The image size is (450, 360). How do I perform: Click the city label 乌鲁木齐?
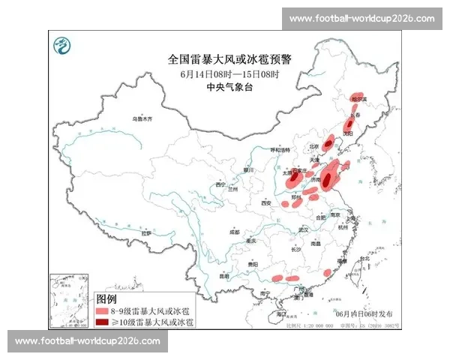[142, 118]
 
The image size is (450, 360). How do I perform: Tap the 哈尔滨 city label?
[360, 98]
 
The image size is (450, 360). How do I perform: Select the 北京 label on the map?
[315, 146]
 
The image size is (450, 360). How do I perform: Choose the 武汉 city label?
[303, 229]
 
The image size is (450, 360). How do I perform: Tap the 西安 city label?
[265, 202]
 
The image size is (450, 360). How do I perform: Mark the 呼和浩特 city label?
[279, 150]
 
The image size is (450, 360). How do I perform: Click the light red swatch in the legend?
[101, 310]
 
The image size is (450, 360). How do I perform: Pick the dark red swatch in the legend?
[101, 321]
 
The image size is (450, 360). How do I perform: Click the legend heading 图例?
[106, 298]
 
